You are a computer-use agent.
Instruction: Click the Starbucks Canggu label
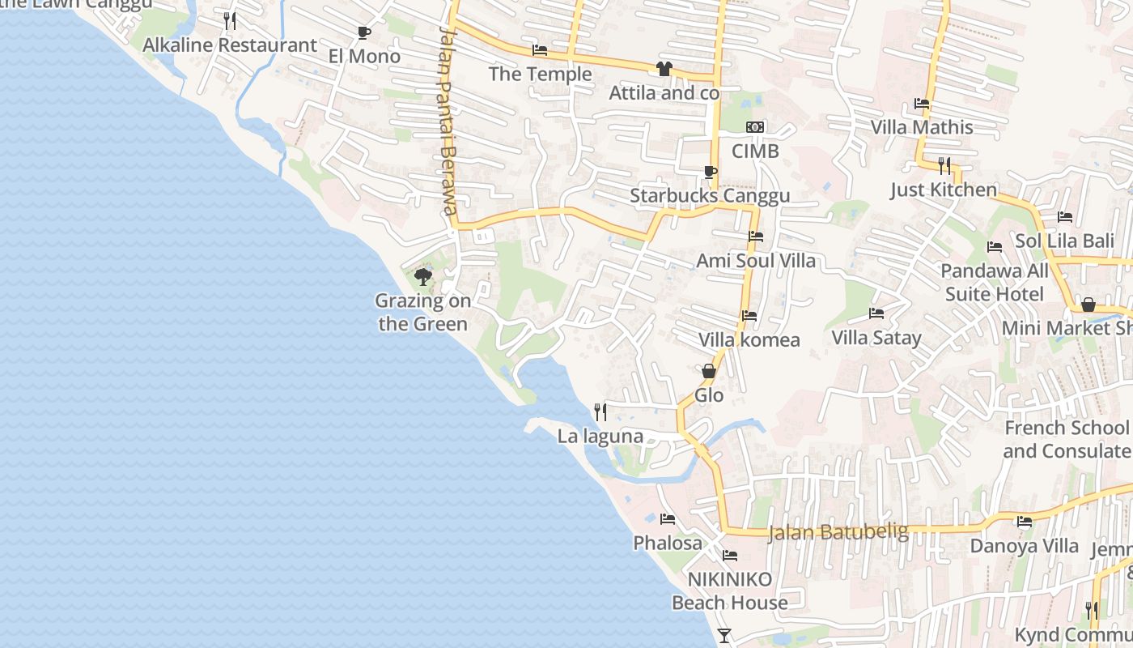710,196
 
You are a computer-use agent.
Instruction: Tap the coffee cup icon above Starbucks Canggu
710,172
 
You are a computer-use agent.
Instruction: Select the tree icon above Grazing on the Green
422,278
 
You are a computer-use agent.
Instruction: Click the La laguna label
600,437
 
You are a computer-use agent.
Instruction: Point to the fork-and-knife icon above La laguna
600,412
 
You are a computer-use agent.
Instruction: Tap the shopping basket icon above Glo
709,372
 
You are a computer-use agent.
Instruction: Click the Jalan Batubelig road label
838,532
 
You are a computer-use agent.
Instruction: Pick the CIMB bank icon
755,127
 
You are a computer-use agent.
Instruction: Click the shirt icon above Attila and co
664,69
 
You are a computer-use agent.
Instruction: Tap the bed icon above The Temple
540,50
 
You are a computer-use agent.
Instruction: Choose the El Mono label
364,57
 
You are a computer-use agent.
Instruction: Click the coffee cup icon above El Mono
364,32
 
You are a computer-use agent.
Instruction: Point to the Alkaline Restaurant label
230,45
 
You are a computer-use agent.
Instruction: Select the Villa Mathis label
922,127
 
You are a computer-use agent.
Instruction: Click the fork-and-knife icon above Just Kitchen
944,166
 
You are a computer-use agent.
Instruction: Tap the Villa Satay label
876,337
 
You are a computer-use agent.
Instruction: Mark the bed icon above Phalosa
668,519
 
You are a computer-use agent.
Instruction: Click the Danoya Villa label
1025,546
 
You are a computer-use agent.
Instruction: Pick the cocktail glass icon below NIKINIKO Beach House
724,636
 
